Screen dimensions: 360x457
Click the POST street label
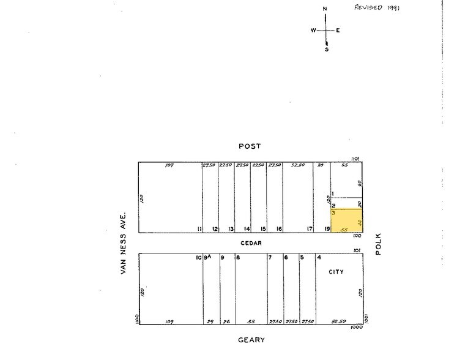250,146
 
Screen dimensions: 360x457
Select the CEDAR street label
251,243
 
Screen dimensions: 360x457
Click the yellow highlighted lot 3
347,220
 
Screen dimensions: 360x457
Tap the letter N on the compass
325,9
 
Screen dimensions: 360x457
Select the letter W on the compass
313,30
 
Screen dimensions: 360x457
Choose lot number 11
199,229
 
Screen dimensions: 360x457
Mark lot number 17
310,229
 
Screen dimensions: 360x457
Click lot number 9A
208,257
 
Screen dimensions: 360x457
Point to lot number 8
238,257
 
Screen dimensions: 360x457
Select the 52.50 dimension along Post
298,165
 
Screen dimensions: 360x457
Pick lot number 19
327,229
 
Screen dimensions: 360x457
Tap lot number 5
302,257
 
